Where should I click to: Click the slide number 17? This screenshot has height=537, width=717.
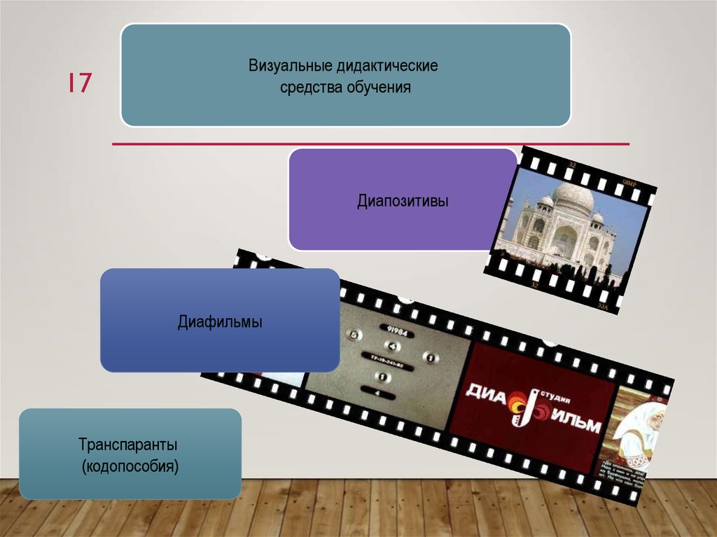[x=79, y=83]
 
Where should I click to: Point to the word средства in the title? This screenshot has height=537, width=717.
[x=310, y=88]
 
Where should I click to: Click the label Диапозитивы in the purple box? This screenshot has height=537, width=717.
[x=402, y=202]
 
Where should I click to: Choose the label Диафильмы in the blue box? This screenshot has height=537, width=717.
[x=220, y=323]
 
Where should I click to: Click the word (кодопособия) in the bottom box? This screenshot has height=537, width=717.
[x=130, y=465]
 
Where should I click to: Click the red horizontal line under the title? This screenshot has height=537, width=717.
[x=371, y=144]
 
